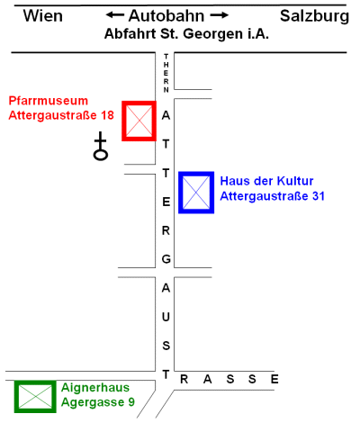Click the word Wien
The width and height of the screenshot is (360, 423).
[43, 16]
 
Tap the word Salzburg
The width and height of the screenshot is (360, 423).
[314, 16]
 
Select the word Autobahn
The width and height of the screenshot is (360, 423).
[166, 16]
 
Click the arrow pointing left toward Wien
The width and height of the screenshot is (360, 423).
[115, 15]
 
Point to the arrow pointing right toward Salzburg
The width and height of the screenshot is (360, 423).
[220, 15]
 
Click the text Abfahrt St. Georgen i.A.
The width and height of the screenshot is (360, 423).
[186, 34]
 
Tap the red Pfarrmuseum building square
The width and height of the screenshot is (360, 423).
[122, 121]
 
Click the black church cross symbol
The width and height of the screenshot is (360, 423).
[101, 147]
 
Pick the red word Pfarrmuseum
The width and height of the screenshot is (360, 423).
[49, 101]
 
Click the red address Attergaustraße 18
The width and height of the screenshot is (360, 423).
[61, 115]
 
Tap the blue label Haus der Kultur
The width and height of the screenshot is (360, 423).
[266, 181]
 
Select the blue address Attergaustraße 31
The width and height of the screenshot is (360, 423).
[273, 196]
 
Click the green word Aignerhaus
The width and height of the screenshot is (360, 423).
[95, 388]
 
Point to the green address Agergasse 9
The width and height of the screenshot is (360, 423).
[98, 402]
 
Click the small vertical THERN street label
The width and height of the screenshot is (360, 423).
[166, 73]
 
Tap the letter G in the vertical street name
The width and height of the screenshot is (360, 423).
[166, 259]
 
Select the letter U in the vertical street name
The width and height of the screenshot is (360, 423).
[166, 317]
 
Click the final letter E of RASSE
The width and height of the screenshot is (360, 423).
[274, 380]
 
